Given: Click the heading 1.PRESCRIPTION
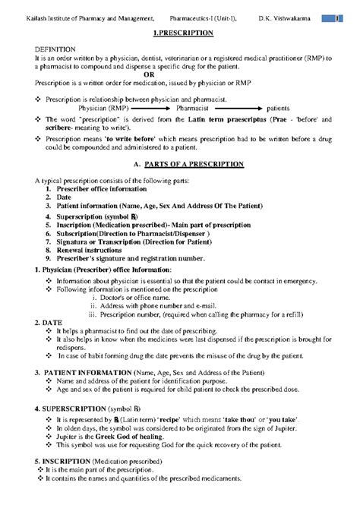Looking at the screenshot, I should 179,34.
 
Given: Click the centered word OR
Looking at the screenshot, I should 179,74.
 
